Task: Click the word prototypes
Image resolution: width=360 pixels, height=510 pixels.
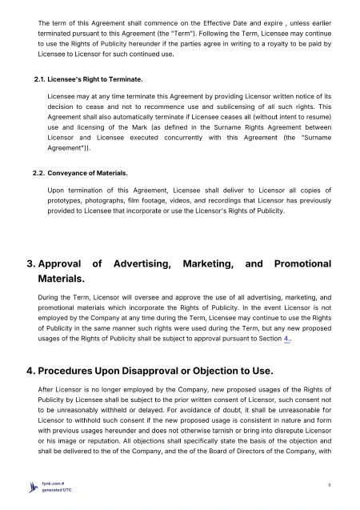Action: click(67, 200)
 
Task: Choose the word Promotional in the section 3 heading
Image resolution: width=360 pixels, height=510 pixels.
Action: click(303, 263)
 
